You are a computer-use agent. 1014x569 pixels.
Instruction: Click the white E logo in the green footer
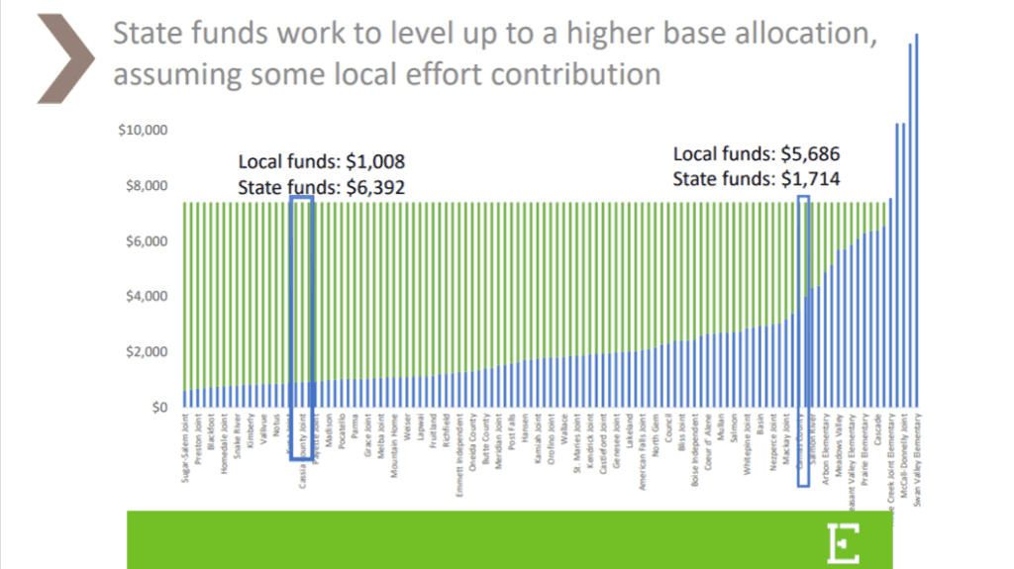click(844, 540)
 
